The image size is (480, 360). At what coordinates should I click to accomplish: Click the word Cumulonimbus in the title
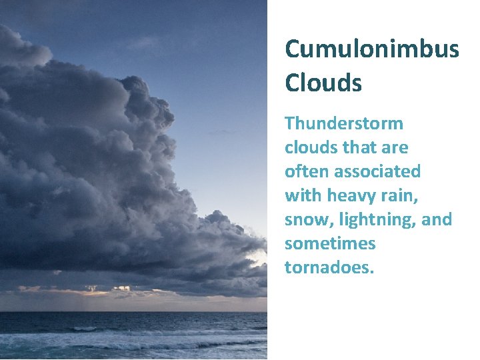click(x=371, y=49)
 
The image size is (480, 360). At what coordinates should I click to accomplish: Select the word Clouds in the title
click(x=323, y=83)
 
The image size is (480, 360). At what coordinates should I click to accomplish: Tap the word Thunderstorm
click(x=344, y=123)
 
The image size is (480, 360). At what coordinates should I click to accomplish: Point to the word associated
click(x=377, y=171)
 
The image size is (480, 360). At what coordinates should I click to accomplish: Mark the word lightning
click(x=378, y=219)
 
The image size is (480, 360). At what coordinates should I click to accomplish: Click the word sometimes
click(x=330, y=243)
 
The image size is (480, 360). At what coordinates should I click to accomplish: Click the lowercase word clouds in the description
click(x=311, y=147)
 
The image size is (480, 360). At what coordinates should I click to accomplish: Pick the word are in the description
click(x=396, y=147)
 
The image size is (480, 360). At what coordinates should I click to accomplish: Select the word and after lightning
click(x=437, y=219)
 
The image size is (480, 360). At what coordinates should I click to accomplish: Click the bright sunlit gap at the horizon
click(x=100, y=291)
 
